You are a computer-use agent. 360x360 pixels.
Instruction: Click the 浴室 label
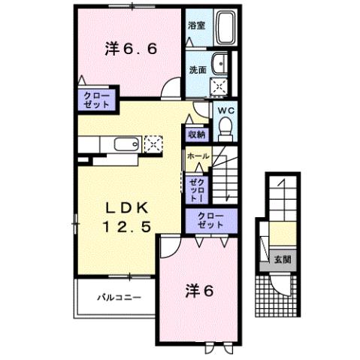coord(196,25)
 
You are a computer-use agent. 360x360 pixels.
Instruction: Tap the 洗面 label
coord(198,70)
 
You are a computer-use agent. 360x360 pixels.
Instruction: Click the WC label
coord(226,110)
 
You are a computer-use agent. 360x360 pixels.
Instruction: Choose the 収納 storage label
coord(196,135)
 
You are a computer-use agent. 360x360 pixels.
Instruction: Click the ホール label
coord(198,156)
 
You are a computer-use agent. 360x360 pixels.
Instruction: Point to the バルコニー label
coord(118,298)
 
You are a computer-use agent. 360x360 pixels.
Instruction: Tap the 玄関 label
coord(282,259)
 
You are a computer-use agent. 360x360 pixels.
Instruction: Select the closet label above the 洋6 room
coord(210,220)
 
